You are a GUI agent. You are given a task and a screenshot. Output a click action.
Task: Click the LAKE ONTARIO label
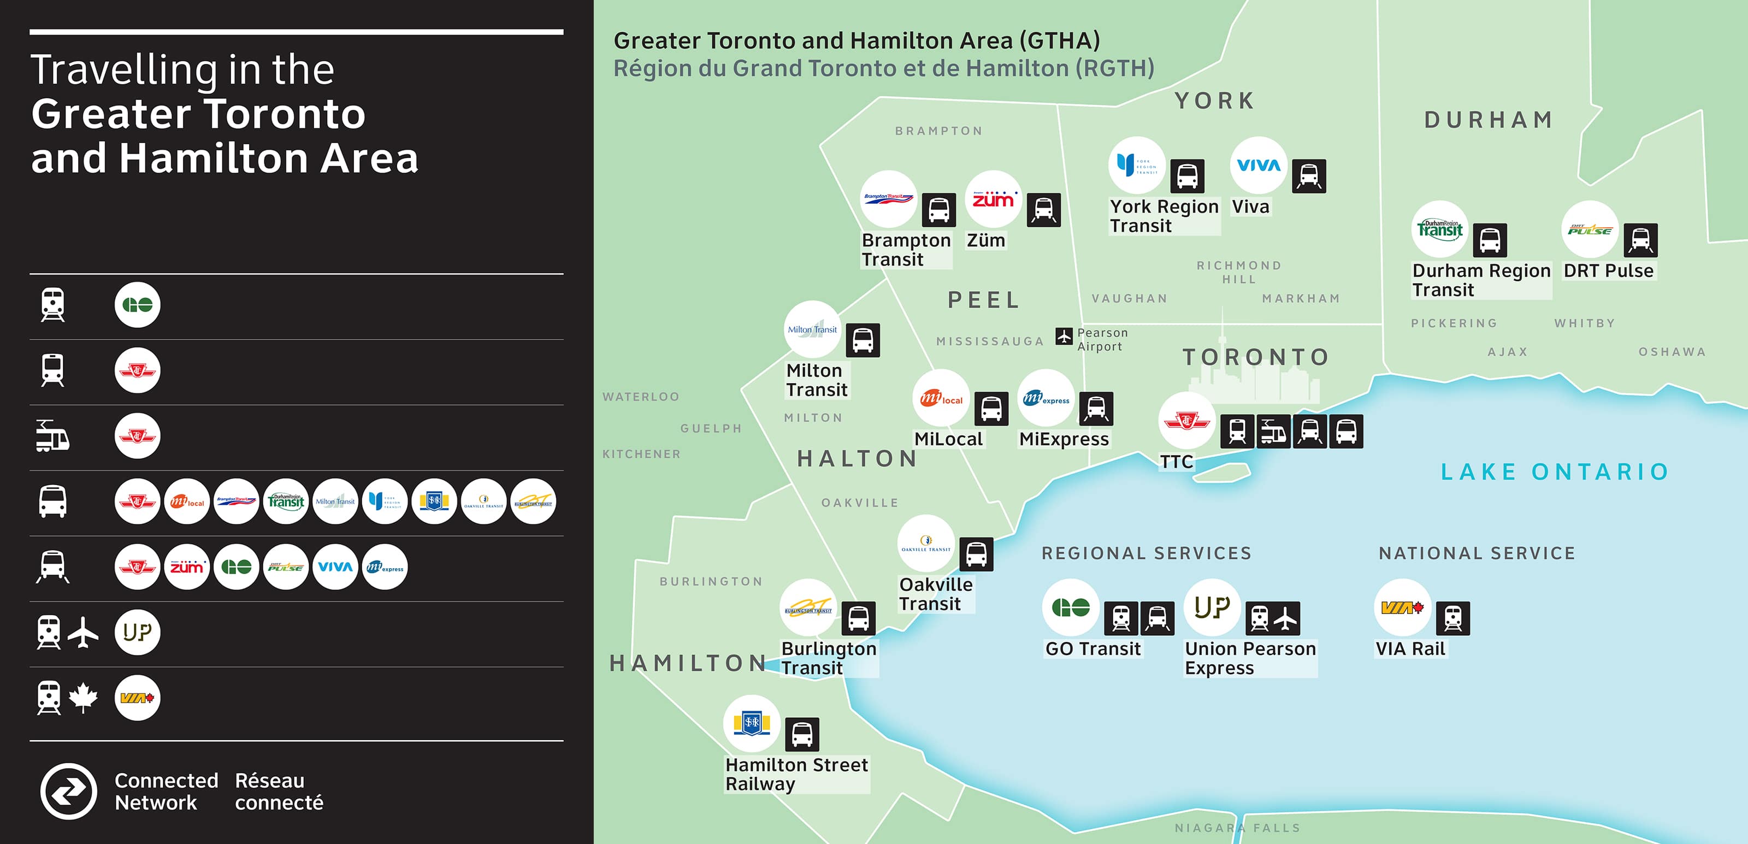(1554, 471)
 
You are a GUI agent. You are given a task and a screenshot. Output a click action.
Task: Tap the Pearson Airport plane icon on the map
(1064, 335)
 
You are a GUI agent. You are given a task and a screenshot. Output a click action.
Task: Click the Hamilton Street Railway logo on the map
(751, 723)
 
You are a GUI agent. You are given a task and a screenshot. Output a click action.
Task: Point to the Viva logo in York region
(1258, 165)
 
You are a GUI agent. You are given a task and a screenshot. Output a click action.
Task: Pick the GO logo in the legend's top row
(137, 305)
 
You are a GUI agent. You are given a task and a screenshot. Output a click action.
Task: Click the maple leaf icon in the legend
(83, 698)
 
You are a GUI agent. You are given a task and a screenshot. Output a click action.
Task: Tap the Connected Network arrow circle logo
(68, 790)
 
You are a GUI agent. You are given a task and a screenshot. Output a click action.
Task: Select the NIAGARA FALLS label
(1237, 828)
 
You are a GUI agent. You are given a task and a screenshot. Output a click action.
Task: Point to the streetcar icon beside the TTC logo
(1273, 432)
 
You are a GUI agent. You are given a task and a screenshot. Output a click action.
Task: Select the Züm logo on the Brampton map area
(993, 199)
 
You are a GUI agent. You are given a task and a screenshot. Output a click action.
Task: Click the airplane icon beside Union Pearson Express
(1285, 618)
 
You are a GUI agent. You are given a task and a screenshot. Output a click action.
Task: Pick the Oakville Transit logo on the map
(925, 544)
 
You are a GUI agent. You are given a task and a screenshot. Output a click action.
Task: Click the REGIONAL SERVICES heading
(1146, 553)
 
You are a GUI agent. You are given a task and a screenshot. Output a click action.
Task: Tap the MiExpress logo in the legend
(385, 567)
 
